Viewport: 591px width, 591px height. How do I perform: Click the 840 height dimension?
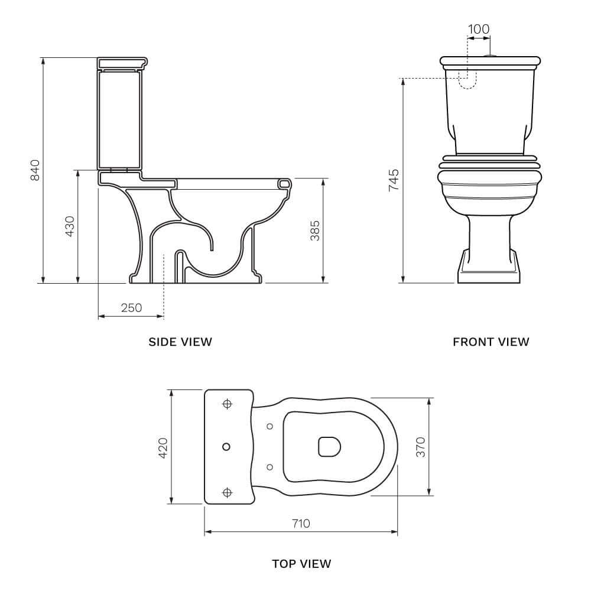pos(35,170)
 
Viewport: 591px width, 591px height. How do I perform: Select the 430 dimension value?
pos(70,226)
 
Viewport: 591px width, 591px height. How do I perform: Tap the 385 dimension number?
pos(315,230)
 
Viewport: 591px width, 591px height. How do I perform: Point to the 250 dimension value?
pos(132,308)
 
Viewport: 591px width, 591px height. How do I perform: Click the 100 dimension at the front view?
pos(479,29)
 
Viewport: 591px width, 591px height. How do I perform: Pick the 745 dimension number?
pos(394,180)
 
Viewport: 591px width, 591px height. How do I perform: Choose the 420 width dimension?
pos(163,448)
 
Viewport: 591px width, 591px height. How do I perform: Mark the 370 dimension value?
pos(421,447)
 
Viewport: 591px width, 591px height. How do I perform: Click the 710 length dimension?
pos(301,524)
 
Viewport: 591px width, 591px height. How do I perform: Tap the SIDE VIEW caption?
pos(180,342)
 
